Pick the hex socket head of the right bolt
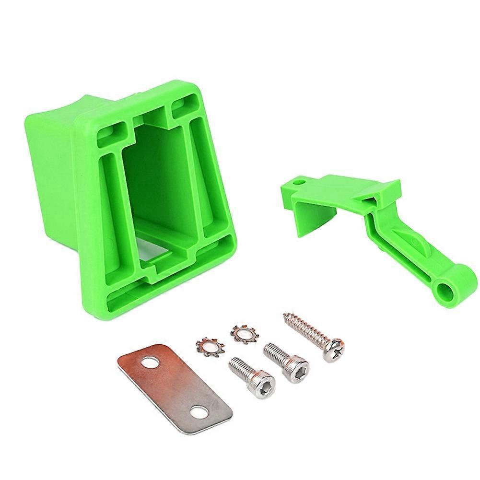(298, 369)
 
